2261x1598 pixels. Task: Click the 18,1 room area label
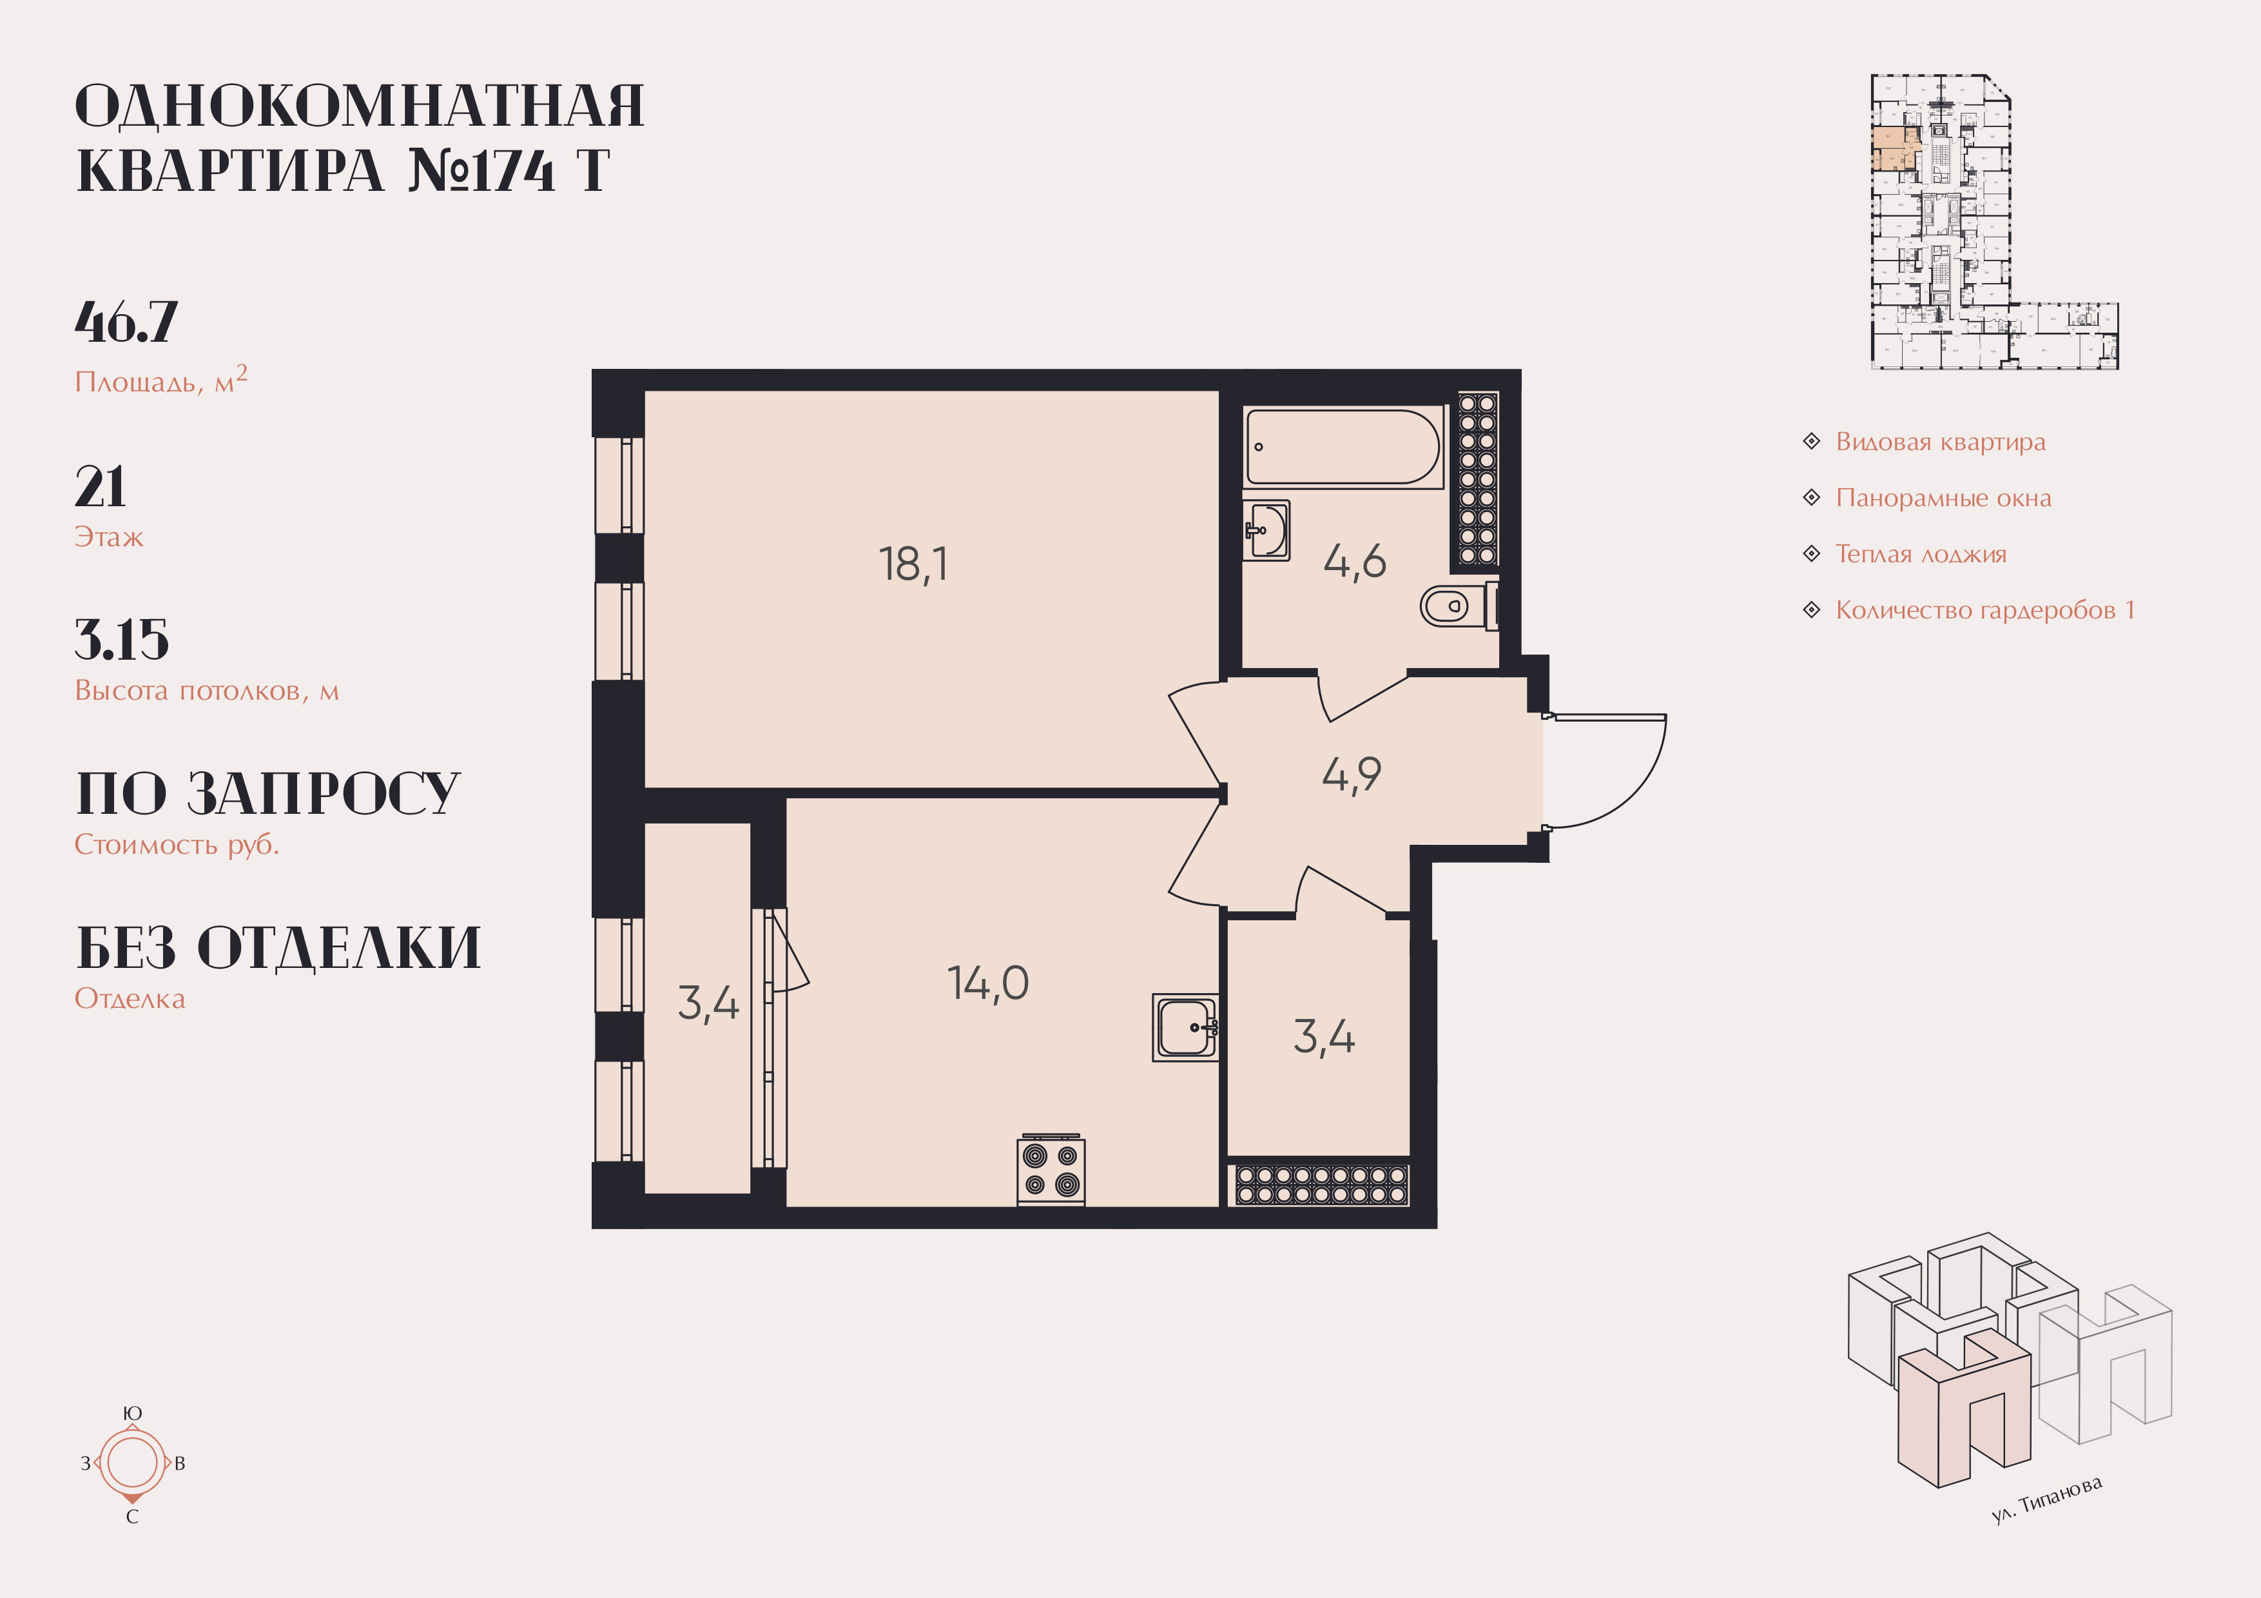click(913, 564)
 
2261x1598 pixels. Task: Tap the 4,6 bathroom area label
click(1354, 562)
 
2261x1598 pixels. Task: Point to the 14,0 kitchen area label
click(987, 983)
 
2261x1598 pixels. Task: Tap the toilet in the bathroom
click(1448, 606)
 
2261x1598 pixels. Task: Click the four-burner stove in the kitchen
click(1051, 1170)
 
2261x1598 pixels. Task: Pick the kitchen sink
click(1186, 1027)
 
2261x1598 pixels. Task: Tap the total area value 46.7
click(126, 322)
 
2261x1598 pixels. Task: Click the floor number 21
click(101, 487)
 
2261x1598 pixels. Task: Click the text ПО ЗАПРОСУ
click(268, 794)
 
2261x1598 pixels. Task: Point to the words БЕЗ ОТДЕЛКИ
click(278, 948)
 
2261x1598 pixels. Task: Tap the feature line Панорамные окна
click(1943, 498)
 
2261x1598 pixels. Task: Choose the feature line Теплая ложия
click(1920, 555)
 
